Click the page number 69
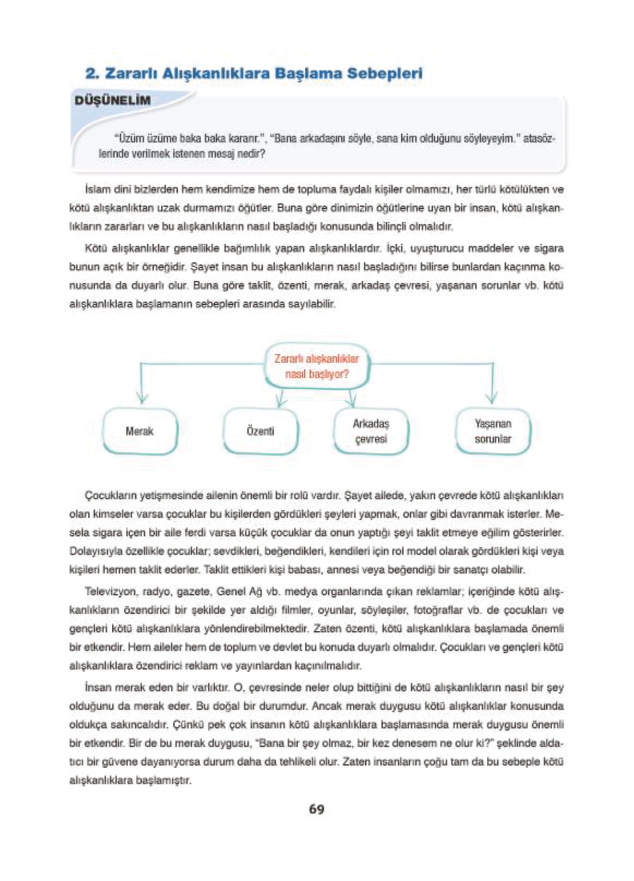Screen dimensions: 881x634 pyautogui.click(x=316, y=809)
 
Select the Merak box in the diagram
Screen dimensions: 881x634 pyautogui.click(x=140, y=431)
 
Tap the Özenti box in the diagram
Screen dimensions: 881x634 pyautogui.click(x=261, y=431)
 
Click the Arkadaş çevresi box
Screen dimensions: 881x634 pyautogui.click(x=371, y=431)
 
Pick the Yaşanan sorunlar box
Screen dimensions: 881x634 pyautogui.click(x=492, y=431)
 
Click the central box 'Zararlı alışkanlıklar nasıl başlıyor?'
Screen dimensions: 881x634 pyautogui.click(x=317, y=366)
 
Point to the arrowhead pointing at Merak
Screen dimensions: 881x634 pyautogui.click(x=142, y=399)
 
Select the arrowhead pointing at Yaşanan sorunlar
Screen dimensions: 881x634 pyautogui.click(x=492, y=399)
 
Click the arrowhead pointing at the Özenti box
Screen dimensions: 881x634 pyautogui.click(x=281, y=402)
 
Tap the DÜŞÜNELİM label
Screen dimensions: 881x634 pyautogui.click(x=113, y=100)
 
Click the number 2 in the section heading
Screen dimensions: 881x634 pyautogui.click(x=90, y=74)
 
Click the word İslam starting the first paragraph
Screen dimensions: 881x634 pyautogui.click(x=96, y=190)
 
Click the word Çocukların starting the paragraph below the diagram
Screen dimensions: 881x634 pyautogui.click(x=111, y=496)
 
